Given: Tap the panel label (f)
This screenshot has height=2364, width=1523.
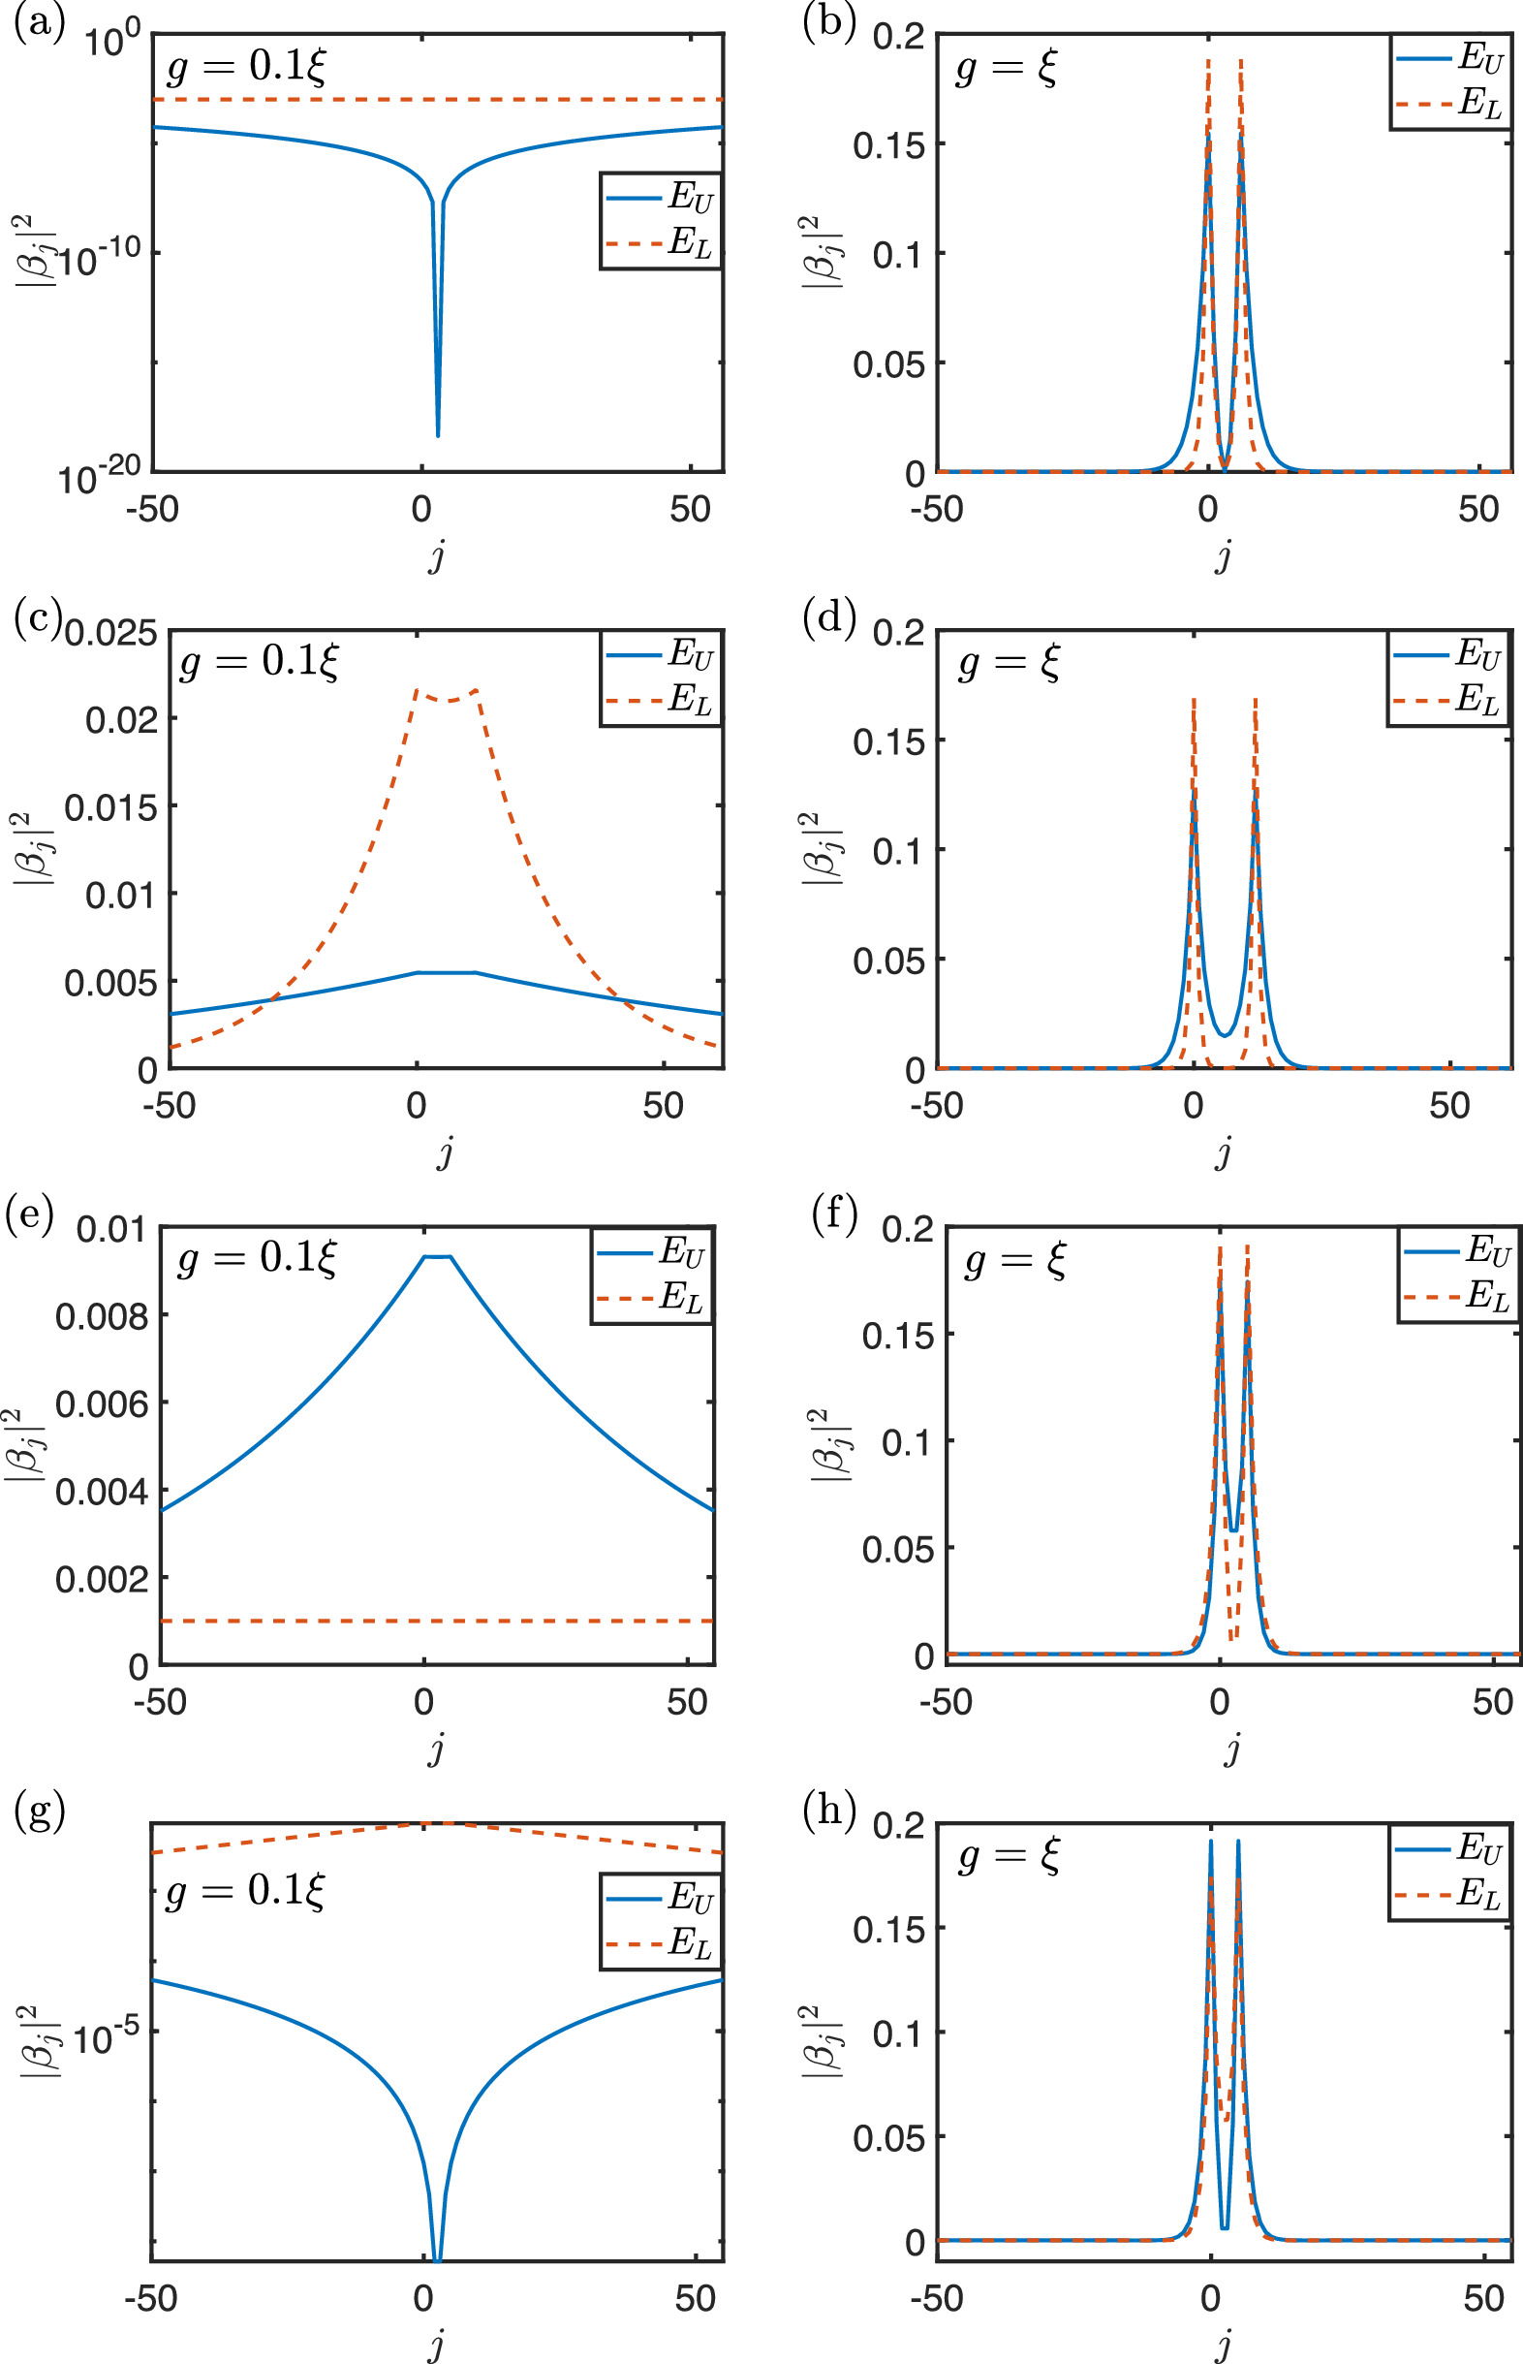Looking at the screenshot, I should click(x=834, y=1214).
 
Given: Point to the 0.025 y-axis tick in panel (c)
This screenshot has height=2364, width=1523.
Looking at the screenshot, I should click(x=110, y=633).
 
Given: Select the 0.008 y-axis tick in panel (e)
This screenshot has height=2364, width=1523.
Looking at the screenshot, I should click(x=101, y=1316).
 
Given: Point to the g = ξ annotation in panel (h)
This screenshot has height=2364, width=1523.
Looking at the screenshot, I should click(x=1009, y=1856).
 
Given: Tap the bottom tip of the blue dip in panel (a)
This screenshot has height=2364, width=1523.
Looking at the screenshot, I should click(x=438, y=435).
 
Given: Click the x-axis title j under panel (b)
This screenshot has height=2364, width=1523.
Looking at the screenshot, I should click(x=1224, y=556).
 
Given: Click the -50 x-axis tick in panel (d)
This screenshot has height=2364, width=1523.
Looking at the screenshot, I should click(x=937, y=1104).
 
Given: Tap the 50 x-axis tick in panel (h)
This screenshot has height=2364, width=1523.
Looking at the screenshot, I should click(x=1483, y=2298).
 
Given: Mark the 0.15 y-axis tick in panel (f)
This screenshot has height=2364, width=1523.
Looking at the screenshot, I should click(x=897, y=1337).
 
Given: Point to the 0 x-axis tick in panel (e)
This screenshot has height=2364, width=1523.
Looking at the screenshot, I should click(x=423, y=1701).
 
